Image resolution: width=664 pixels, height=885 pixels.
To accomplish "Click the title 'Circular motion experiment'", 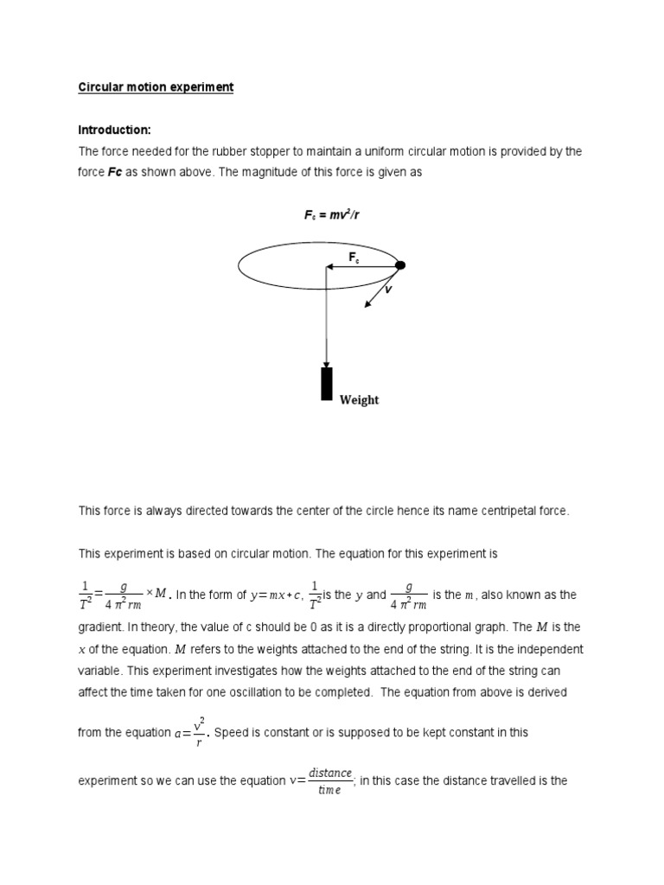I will [156, 87].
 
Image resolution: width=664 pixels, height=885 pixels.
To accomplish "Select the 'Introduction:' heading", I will [114, 130].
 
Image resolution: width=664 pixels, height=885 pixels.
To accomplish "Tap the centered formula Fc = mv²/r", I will [331, 215].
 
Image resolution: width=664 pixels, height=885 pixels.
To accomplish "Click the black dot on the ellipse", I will [400, 265].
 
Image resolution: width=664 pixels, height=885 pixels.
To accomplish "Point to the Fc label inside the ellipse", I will [354, 257].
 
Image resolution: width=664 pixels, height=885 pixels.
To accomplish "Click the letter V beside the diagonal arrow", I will [388, 290].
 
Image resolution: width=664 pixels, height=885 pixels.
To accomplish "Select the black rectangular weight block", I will [327, 384].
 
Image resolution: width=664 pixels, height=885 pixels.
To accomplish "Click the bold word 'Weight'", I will [359, 400].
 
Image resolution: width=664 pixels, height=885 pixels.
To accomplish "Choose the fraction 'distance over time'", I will [329, 780].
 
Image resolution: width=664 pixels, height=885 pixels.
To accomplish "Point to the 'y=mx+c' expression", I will [273, 595].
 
